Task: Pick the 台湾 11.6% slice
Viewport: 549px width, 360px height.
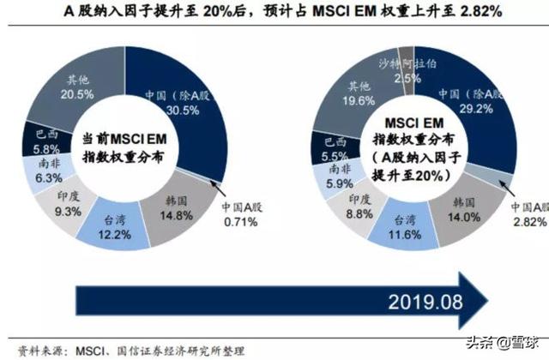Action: tap(398, 225)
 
